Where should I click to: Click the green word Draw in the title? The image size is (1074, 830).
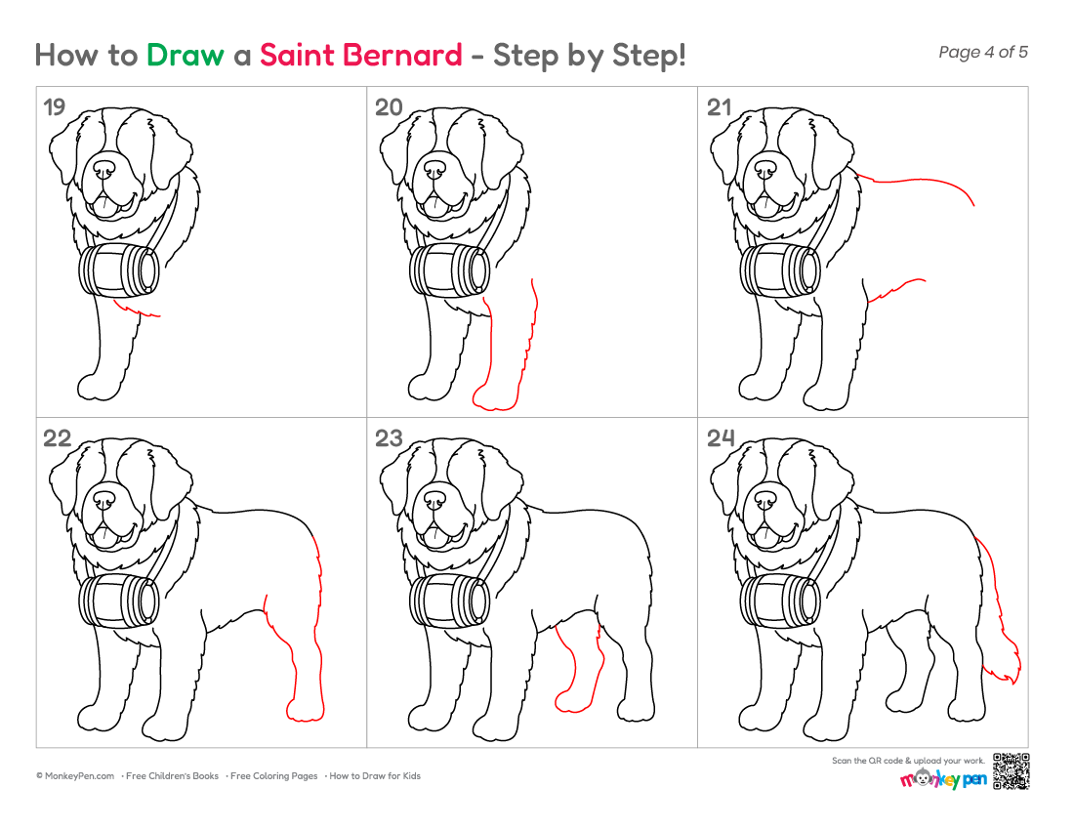coord(185,56)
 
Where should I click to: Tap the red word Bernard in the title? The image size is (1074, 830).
coord(403,56)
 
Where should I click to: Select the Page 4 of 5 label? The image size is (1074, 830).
coord(983,52)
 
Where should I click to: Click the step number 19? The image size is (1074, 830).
coord(54,106)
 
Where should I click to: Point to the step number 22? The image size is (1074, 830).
coord(57,437)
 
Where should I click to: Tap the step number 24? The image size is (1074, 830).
coord(721,437)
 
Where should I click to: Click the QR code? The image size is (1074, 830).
coord(1011,771)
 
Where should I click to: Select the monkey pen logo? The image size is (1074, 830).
coord(943,778)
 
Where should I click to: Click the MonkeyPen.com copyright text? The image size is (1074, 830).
coord(75,776)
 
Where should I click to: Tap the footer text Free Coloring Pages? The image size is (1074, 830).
coord(273,776)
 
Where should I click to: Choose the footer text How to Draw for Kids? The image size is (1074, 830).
coord(375,776)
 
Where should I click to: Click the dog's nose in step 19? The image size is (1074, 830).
coord(104,169)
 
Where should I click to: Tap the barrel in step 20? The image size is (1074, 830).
coord(450,270)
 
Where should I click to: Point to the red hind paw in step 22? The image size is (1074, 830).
coord(306,711)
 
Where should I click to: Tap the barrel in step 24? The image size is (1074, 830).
coord(781,602)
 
